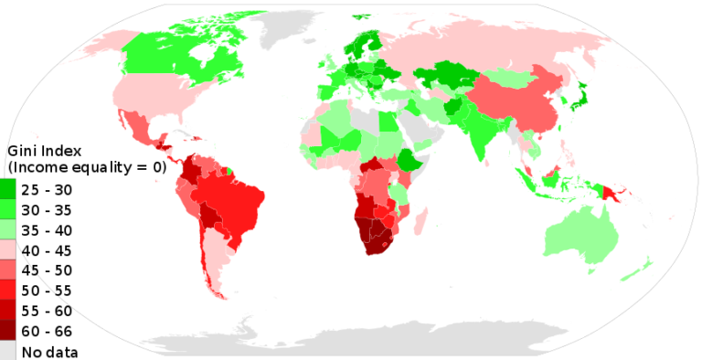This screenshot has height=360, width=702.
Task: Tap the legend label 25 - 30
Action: point(46,190)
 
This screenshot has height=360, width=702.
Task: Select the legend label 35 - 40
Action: point(46,230)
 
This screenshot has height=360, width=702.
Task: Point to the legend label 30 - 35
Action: point(46,210)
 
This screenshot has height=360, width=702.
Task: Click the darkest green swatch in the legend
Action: point(7,190)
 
